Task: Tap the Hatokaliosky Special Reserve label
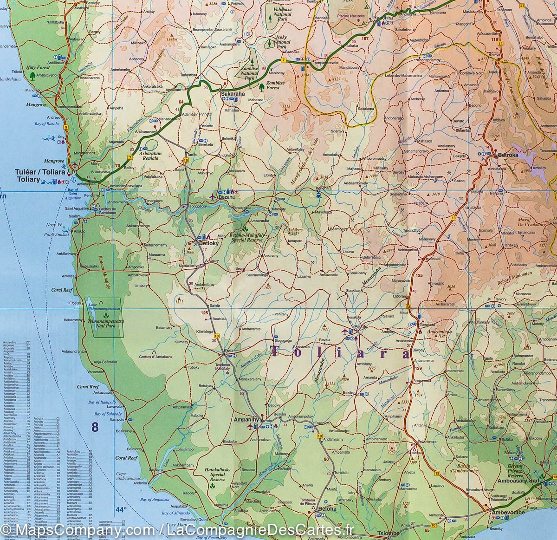tap(212, 474)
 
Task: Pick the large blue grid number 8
tap(95, 427)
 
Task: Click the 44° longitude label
tap(121, 510)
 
